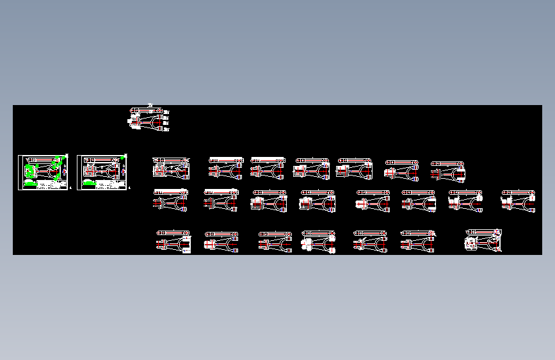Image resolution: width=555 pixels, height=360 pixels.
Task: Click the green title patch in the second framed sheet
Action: (x=90, y=184)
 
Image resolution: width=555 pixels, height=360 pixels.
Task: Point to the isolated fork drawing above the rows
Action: (x=149, y=119)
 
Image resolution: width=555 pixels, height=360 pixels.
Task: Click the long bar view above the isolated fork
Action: (x=147, y=110)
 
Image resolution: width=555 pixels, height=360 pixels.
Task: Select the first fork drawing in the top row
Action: (x=171, y=168)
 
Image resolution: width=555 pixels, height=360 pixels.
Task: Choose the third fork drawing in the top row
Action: (x=267, y=168)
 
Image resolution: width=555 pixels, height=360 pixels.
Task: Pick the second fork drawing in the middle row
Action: (x=221, y=201)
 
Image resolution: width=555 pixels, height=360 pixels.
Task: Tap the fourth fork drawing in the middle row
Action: (x=317, y=202)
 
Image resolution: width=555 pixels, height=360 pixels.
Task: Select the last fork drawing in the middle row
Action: (x=518, y=201)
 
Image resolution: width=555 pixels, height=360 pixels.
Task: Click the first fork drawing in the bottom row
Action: (x=173, y=242)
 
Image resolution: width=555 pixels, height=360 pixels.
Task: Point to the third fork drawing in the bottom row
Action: (x=275, y=242)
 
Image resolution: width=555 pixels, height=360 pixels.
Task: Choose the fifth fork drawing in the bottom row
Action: (x=370, y=242)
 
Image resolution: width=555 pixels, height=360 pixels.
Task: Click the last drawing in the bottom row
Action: (x=483, y=241)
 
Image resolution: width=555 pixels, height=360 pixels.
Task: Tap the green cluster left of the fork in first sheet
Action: (x=30, y=171)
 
